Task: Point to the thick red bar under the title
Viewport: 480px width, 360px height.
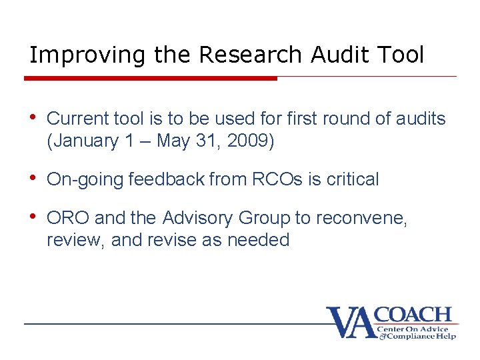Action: pos(150,78)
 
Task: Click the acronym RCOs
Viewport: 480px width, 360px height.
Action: pos(274,179)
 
